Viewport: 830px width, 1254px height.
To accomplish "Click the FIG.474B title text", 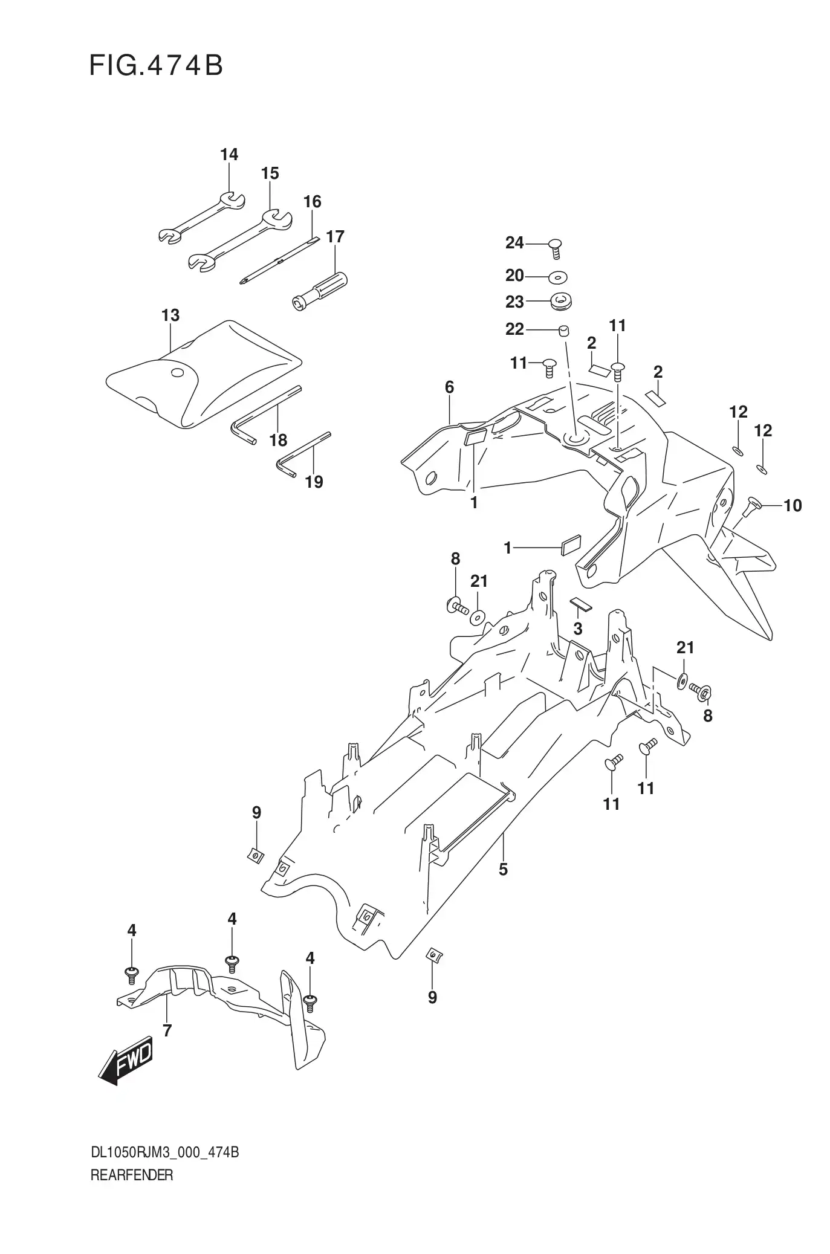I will [156, 65].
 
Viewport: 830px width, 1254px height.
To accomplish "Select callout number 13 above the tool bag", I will [170, 315].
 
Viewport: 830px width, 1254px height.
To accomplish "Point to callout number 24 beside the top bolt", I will [514, 243].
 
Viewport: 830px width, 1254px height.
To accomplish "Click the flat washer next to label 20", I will [558, 277].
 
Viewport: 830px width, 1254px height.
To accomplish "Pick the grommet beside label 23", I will [562, 301].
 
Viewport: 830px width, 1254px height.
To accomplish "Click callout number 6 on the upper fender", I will [449, 387].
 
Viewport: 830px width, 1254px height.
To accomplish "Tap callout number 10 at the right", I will [792, 505].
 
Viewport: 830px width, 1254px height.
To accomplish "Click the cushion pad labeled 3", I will [582, 605].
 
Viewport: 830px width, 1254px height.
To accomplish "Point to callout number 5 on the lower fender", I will [503, 870].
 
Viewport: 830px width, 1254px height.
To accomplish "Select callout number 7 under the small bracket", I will [167, 1030].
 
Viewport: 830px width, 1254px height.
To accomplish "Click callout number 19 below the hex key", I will [314, 482].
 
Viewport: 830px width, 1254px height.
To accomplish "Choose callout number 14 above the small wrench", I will [229, 155].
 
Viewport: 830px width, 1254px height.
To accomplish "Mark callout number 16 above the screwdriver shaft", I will [312, 201].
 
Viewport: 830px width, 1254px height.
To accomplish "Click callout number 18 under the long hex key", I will [278, 440].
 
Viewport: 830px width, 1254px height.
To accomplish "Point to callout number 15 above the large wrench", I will [270, 173].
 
